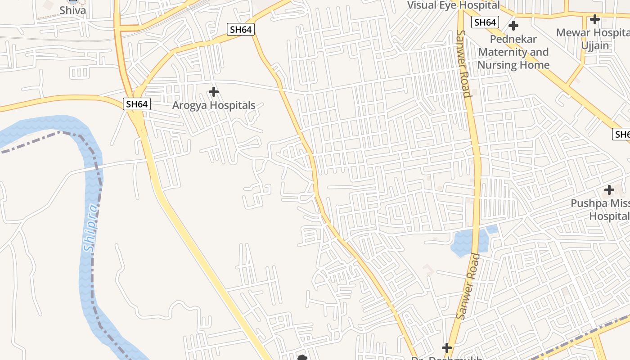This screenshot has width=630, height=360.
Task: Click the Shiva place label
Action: tap(72, 10)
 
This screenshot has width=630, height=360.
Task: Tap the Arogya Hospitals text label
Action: tap(214, 105)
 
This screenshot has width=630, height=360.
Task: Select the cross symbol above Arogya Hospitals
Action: tap(214, 92)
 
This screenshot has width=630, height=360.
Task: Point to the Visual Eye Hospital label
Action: tap(453, 5)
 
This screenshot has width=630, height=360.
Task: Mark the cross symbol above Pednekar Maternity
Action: tap(513, 25)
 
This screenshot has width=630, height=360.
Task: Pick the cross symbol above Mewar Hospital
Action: tap(595, 19)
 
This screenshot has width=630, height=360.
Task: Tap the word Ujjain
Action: tap(595, 45)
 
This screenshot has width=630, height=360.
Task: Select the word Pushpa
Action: tap(587, 203)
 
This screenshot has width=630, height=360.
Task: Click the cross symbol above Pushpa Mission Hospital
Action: tap(609, 190)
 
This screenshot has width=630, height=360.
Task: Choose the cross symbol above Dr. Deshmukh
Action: tap(446, 348)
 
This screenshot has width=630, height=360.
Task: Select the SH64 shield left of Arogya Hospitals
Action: tap(137, 104)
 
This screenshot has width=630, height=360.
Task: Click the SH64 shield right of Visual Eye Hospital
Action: tap(485, 22)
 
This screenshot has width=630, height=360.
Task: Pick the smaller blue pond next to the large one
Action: tap(492, 229)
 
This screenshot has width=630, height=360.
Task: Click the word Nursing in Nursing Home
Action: tap(497, 65)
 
